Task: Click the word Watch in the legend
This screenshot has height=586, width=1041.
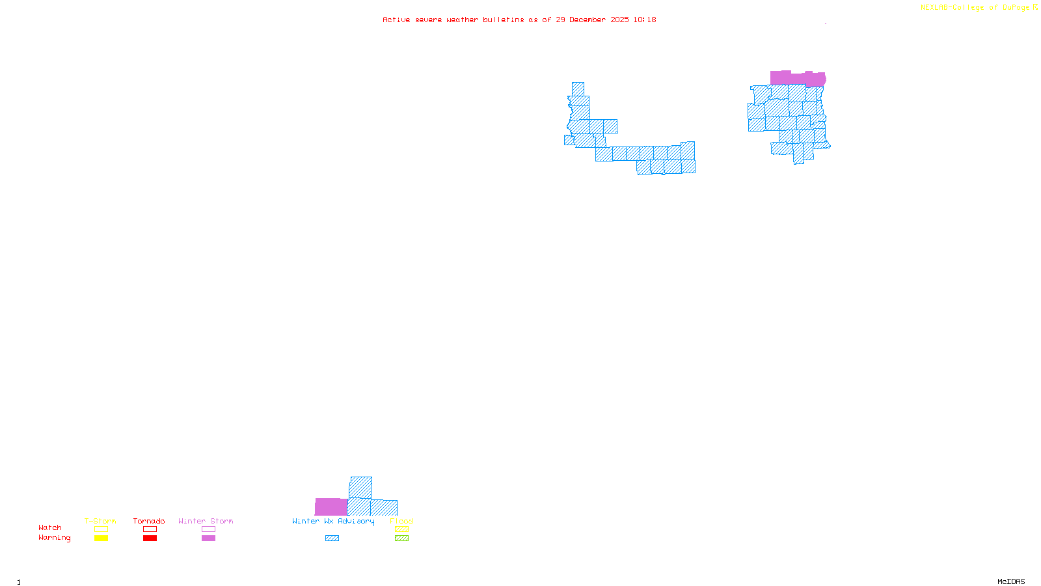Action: coord(50,527)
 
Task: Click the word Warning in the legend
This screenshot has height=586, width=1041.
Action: coord(54,538)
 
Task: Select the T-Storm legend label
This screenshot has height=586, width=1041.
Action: coord(100,521)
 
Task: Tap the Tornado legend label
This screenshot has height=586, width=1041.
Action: coord(149,521)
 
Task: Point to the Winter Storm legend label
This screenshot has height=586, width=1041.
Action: coord(206,521)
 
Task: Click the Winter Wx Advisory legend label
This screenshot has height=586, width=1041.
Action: coord(333,521)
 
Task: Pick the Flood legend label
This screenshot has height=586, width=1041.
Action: coord(401,521)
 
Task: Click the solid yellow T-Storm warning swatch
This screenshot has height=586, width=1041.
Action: coord(101,538)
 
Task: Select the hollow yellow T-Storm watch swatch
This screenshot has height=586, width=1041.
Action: coord(101,529)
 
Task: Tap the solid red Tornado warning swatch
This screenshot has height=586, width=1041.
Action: coord(150,538)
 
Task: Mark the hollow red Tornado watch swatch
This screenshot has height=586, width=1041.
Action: coord(150,529)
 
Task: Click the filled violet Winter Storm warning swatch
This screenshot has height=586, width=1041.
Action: coord(208,538)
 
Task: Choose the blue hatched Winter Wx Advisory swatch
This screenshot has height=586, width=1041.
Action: coord(332,538)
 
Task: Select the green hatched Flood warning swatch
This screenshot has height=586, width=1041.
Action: coord(402,538)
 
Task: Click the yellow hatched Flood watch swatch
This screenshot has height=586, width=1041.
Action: coord(402,529)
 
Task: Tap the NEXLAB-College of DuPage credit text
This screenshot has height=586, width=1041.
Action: coord(975,8)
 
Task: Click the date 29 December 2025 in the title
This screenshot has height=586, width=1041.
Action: coord(592,20)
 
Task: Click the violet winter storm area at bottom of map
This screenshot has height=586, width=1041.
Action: coord(331,507)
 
